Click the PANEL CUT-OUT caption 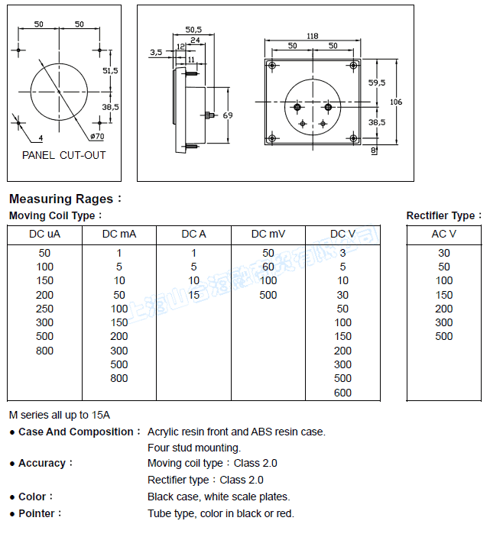pos(64,155)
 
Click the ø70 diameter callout pos(98,136)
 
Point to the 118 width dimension pos(312,36)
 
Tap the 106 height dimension pos(395,102)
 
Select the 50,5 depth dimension pos(193,30)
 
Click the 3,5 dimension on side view pos(156,53)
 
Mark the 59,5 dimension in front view pos(376,82)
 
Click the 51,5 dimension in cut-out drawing pos(110,70)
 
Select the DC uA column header pos(44,234)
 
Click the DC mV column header pos(268,234)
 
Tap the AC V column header pos(444,234)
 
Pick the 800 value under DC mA pos(119,378)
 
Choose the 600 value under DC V pos(343,393)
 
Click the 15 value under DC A pos(194,295)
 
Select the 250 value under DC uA pos(44,309)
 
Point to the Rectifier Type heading pos(443,216)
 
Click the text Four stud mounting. pos(194,448)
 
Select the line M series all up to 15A pos(60,415)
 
